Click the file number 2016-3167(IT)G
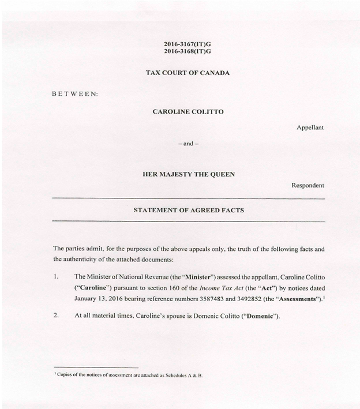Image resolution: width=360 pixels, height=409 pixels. click(187, 43)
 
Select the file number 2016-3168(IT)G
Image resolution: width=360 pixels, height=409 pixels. click(187, 51)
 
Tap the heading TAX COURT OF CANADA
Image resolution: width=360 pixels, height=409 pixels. click(187, 73)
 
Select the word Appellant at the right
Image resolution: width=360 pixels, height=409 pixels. click(310, 127)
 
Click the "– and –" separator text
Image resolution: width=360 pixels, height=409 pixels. click(187, 143)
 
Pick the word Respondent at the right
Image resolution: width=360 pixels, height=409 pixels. click(307, 185)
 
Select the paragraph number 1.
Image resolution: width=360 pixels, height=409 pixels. click(56, 276)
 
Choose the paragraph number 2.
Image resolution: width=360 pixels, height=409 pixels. click(56, 316)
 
